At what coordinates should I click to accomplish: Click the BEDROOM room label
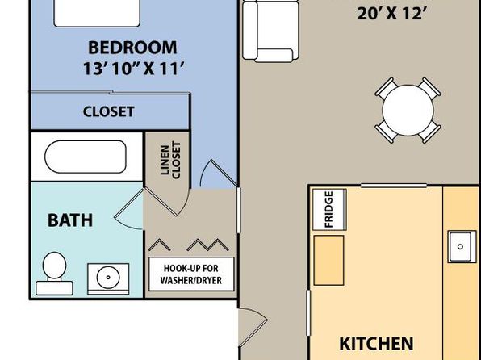(x=132, y=48)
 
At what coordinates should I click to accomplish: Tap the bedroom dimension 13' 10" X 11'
(x=134, y=68)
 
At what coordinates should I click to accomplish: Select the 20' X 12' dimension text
(x=392, y=14)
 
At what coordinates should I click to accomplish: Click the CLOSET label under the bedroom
(x=109, y=111)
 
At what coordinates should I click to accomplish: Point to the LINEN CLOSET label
(x=171, y=160)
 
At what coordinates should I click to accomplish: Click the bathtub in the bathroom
(x=86, y=157)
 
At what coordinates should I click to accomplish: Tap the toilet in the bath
(x=54, y=274)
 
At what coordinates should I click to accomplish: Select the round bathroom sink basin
(x=108, y=277)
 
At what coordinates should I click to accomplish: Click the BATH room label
(x=70, y=220)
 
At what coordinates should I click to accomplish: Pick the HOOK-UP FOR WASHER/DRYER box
(x=191, y=274)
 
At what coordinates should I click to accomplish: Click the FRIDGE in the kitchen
(x=329, y=209)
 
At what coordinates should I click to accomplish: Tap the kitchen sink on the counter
(x=462, y=247)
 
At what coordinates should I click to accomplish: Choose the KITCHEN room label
(x=376, y=344)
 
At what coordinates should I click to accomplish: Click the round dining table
(x=408, y=110)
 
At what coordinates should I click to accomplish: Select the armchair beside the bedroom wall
(x=270, y=31)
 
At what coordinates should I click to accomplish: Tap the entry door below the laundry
(x=253, y=327)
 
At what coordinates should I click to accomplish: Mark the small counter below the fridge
(x=328, y=260)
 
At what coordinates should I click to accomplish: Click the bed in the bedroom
(x=97, y=13)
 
